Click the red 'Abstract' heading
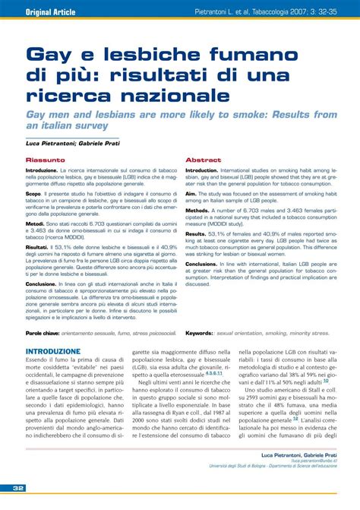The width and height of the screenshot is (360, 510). click(x=203, y=160)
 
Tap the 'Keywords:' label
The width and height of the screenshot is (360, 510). click(x=199, y=332)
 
